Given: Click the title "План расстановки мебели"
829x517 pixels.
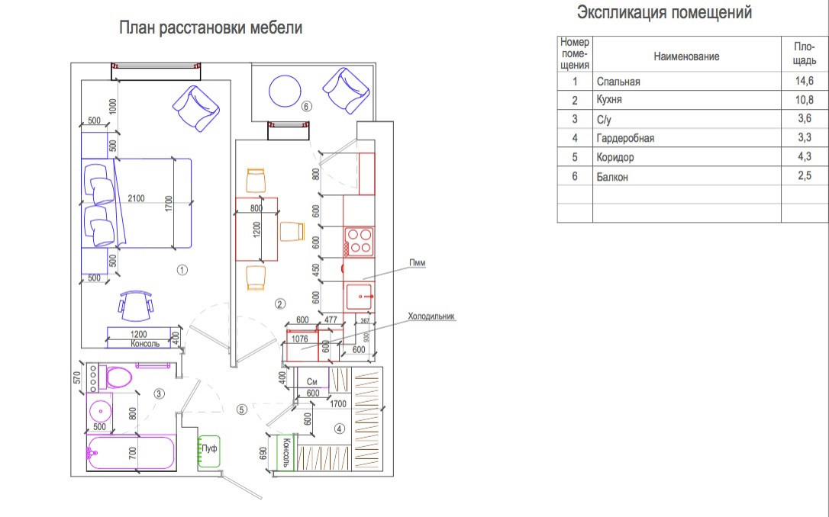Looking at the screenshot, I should pyautogui.click(x=211, y=29).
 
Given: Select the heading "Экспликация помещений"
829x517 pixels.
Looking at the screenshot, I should pyautogui.click(x=664, y=13).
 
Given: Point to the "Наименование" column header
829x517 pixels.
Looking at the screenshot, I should pyautogui.click(x=686, y=56).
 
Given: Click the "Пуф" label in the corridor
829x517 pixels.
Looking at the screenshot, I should pyautogui.click(x=208, y=448).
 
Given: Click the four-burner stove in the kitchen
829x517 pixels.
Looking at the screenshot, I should pyautogui.click(x=359, y=241).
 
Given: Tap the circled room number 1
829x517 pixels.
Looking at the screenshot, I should pyautogui.click(x=182, y=269).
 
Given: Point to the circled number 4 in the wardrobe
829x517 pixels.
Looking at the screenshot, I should pyautogui.click(x=339, y=429).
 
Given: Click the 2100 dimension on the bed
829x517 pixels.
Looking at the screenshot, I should pyautogui.click(x=136, y=199).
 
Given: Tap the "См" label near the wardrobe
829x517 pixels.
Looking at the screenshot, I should pyautogui.click(x=311, y=381).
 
